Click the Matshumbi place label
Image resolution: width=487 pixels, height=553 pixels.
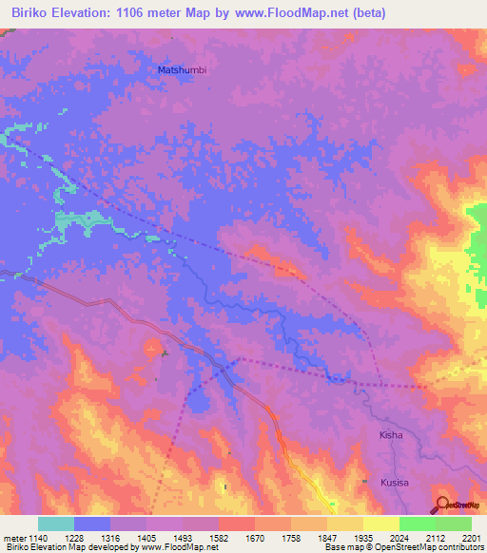180,69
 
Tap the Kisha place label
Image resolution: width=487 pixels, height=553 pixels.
392,435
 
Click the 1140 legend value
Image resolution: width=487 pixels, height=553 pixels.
37,537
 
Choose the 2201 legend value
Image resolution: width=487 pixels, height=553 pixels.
472,537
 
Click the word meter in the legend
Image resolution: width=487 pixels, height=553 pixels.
12,537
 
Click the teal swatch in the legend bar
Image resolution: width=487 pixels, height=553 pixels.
56,524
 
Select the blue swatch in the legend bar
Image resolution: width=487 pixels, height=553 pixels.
92,524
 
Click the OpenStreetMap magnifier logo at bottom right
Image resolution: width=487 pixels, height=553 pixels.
441,505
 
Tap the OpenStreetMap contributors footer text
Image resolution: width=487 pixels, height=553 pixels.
428,548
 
